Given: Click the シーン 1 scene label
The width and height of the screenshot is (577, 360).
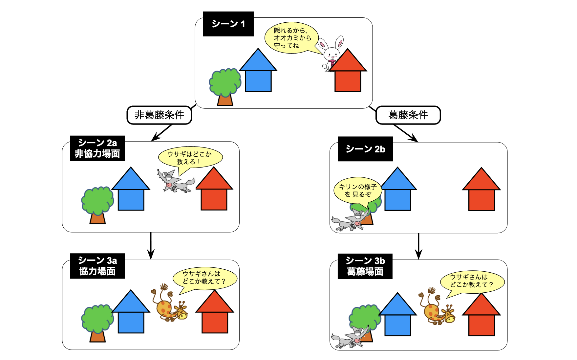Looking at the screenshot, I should click(228, 24).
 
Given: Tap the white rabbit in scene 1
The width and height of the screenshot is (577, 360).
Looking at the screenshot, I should click(331, 54).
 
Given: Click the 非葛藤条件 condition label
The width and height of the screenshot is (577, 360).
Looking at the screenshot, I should click(159, 115).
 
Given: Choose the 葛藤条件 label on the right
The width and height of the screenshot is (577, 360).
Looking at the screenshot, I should click(408, 115).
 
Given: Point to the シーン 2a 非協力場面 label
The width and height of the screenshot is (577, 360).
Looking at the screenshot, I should click(97, 148).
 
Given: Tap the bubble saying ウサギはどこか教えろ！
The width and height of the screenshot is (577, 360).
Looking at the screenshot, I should click(190, 158).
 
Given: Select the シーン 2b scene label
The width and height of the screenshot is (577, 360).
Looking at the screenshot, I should click(365, 149).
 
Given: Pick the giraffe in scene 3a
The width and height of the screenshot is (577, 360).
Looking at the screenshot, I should click(168, 304).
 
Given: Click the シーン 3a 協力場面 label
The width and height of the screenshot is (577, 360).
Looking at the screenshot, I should click(97, 266).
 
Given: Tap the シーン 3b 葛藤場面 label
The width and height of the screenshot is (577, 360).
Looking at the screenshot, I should click(365, 266).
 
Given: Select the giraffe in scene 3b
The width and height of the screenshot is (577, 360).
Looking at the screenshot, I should click(437, 307).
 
